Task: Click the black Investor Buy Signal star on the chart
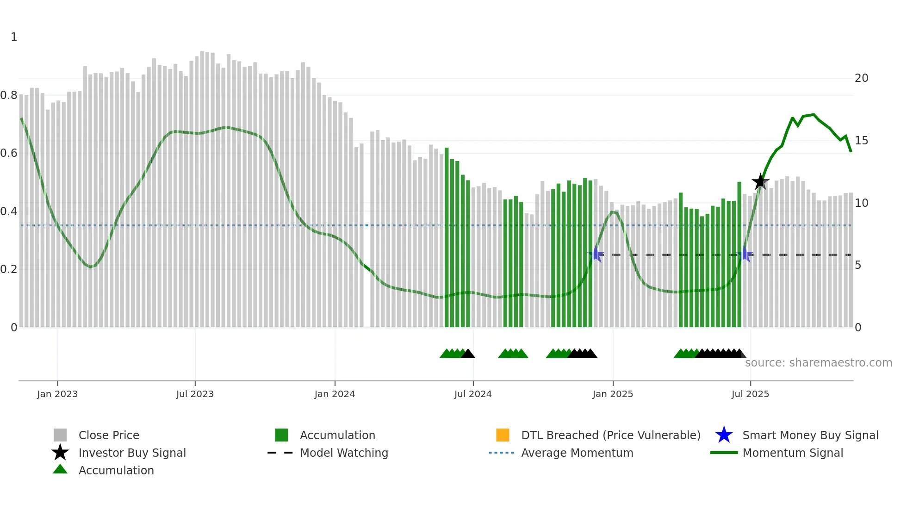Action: click(760, 181)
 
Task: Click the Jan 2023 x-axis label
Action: click(57, 394)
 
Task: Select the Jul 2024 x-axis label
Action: click(473, 394)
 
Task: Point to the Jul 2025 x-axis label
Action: click(750, 394)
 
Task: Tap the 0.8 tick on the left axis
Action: click(9, 95)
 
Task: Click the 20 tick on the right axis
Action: click(861, 78)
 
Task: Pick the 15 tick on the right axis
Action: click(861, 141)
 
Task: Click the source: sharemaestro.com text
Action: click(818, 363)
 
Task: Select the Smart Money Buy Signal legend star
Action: click(724, 435)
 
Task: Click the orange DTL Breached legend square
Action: click(503, 435)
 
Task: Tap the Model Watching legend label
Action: click(344, 453)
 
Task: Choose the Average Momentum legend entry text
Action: click(577, 453)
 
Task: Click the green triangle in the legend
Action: click(60, 469)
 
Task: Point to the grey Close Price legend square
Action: click(60, 435)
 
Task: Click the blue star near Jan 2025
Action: click(596, 254)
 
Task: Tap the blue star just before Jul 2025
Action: click(745, 254)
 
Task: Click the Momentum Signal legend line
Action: click(724, 453)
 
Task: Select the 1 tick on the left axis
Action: click(14, 37)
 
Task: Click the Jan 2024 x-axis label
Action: click(335, 394)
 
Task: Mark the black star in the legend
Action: click(60, 453)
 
